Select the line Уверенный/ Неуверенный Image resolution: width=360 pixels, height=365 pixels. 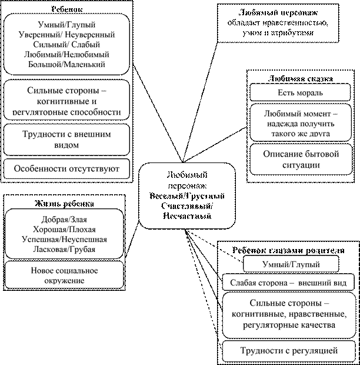(x=67, y=35)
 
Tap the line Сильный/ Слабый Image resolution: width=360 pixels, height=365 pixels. (x=67, y=45)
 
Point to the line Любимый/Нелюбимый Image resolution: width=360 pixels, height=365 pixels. (x=67, y=55)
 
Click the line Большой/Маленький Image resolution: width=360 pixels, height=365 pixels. (x=67, y=65)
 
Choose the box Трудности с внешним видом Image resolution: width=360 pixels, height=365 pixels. (x=67, y=140)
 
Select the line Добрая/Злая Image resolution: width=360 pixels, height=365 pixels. (x=65, y=220)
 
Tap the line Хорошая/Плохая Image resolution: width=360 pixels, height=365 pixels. (x=65, y=230)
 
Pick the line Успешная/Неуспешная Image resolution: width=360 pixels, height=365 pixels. (x=65, y=240)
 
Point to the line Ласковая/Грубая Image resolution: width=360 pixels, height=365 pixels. (x=65, y=250)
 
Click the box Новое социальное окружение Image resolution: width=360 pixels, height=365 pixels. (x=65, y=276)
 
